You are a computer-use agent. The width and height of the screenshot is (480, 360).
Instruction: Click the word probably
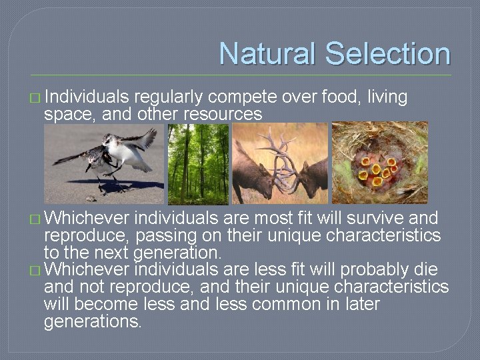[377, 270]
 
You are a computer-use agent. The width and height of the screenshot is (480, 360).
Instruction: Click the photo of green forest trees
[198, 163]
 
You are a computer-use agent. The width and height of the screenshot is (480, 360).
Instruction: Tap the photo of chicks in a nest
[379, 163]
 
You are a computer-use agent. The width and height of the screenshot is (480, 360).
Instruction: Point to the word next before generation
[109, 253]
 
